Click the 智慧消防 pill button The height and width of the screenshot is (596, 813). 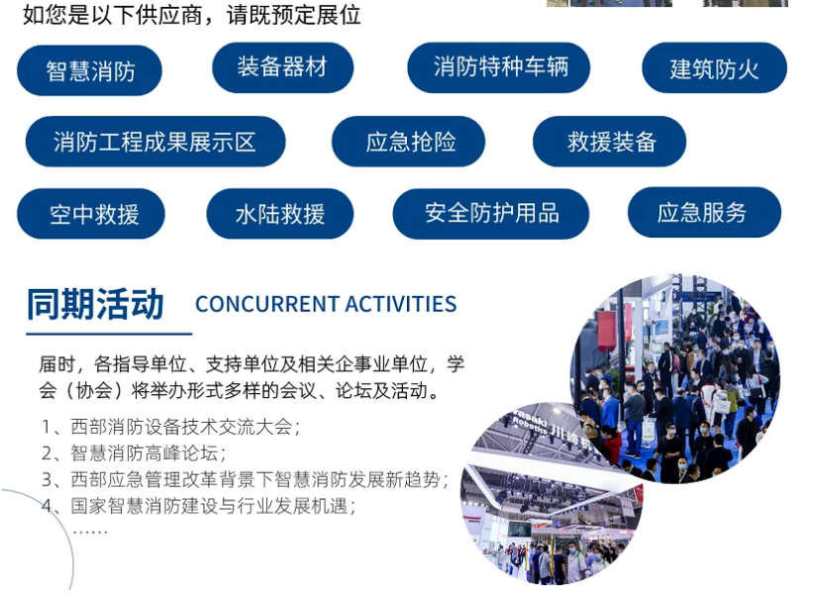(x=90, y=70)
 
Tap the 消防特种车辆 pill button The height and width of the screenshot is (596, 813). (x=500, y=67)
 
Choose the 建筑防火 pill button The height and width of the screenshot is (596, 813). (x=714, y=69)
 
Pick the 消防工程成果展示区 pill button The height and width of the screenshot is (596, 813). (x=154, y=142)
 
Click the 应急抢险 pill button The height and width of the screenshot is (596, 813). (x=408, y=142)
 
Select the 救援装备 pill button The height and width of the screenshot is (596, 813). (x=610, y=142)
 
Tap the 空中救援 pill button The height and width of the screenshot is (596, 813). (x=91, y=214)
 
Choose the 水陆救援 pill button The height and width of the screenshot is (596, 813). (x=280, y=214)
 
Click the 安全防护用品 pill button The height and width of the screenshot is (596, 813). (x=491, y=213)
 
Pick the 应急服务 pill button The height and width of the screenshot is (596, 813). (x=703, y=212)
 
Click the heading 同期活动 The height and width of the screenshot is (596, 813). (x=95, y=304)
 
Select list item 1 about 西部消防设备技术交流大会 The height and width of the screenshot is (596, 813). (x=170, y=428)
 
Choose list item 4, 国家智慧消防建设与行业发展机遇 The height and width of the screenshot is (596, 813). (x=198, y=505)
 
